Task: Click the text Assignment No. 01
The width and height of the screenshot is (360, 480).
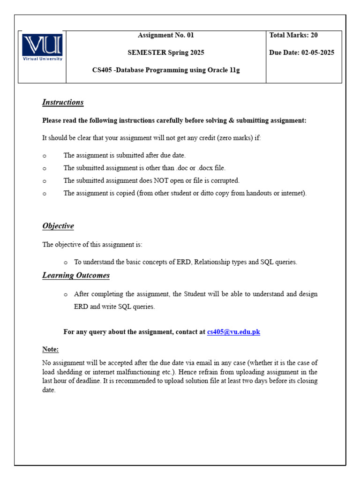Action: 165,35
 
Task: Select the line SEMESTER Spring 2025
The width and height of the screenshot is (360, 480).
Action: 165,52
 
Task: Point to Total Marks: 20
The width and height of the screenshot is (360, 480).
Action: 293,35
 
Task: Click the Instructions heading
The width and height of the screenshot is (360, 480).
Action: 63,102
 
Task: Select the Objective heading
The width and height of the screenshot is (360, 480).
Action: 58,226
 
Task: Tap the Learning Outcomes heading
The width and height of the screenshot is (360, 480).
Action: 76,275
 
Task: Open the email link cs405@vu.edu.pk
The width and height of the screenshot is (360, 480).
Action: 233,332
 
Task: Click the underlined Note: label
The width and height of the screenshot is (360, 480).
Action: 50,349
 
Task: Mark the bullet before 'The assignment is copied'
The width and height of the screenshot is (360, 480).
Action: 45,194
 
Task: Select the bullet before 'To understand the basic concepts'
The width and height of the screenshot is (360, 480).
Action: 66,262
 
